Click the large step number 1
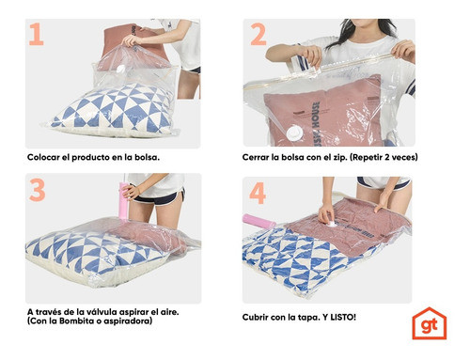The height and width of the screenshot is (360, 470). click(x=37, y=35)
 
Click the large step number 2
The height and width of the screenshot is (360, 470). click(x=258, y=35)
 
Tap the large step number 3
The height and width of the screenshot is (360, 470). click(x=38, y=191)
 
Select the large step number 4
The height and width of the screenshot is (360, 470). click(x=258, y=193)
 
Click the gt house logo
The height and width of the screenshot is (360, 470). click(x=429, y=322)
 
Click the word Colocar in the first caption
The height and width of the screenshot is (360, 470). click(x=45, y=156)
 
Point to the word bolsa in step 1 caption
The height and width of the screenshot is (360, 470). click(x=142, y=156)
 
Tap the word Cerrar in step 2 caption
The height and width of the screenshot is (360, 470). click(x=261, y=156)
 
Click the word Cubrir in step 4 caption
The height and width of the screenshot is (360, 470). click(x=260, y=316)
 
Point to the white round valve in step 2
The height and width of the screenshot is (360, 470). click(x=299, y=131)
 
